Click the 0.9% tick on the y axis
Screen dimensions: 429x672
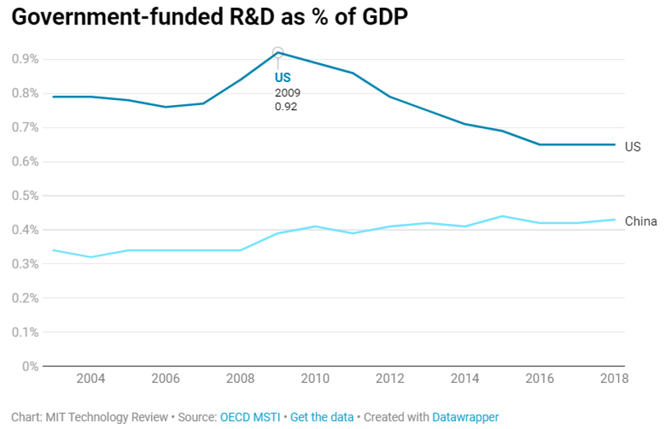[25, 59]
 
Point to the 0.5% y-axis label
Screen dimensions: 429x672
[25, 196]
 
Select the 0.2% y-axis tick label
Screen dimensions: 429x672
[25, 298]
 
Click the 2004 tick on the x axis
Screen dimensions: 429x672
[90, 379]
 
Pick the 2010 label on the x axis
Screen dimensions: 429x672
[314, 379]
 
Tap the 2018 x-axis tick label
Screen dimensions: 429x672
[613, 379]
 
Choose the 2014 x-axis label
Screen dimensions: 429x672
[464, 379]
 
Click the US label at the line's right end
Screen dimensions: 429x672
[632, 147]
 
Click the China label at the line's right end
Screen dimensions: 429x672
[640, 221]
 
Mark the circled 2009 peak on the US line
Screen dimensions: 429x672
[278, 53]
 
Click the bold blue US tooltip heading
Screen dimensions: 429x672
[283, 78]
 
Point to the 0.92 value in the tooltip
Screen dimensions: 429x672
[286, 107]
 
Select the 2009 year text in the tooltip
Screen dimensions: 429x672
[287, 93]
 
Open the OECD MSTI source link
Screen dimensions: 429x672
[250, 417]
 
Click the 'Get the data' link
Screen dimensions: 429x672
[322, 417]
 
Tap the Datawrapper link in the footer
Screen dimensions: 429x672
[465, 417]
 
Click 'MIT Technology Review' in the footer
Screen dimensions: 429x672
[105, 417]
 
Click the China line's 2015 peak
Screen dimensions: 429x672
[501, 216]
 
